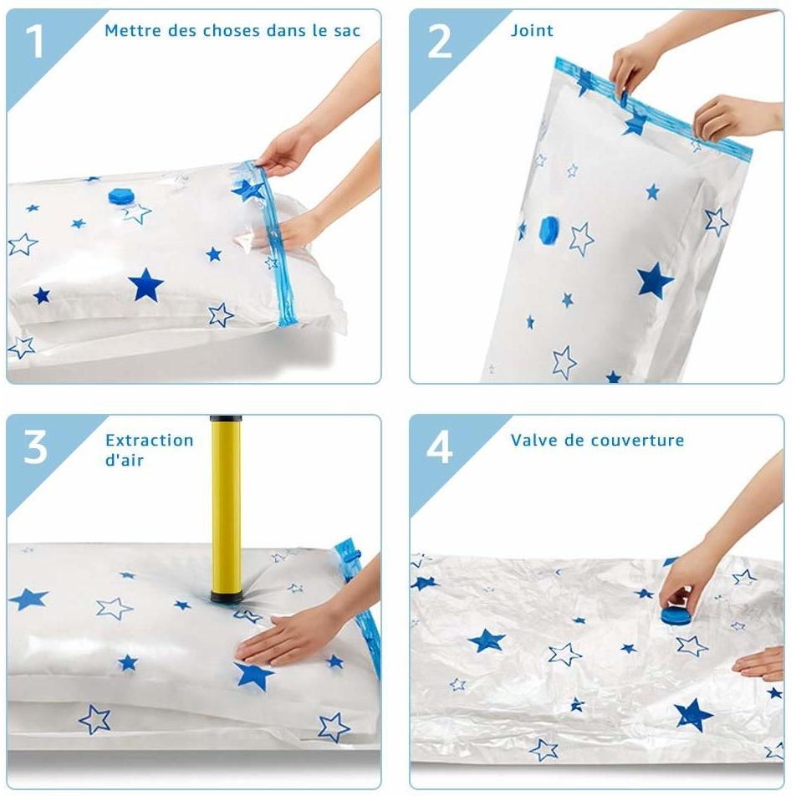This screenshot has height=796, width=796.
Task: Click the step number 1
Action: [33, 43]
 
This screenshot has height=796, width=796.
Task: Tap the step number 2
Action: [439, 43]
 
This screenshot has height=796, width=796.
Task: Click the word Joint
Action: [532, 31]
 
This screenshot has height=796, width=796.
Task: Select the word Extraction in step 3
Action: [150, 440]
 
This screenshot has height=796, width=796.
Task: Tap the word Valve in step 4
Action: [533, 440]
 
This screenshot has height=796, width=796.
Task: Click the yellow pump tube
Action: [226, 502]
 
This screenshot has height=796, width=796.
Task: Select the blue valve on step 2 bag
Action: [549, 227]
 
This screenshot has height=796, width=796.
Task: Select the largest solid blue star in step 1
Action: [147, 285]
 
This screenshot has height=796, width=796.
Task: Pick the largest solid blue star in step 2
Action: [655, 281]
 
